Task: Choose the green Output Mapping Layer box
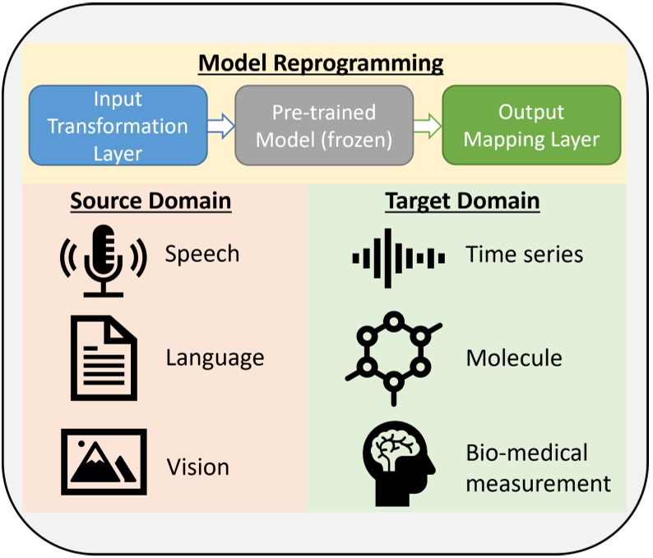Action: pyautogui.click(x=531, y=126)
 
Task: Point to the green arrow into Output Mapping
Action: pyautogui.click(x=427, y=126)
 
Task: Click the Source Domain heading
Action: pyautogui.click(x=151, y=201)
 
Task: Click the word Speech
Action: pyautogui.click(x=201, y=254)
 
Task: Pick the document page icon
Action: pyautogui.click(x=101, y=359)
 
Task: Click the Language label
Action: pyautogui.click(x=215, y=358)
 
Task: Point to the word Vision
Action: pyautogui.click(x=197, y=467)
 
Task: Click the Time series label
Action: pyautogui.click(x=524, y=254)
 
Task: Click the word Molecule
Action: pyautogui.click(x=513, y=358)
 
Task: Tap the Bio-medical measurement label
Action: pyautogui.click(x=538, y=467)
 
